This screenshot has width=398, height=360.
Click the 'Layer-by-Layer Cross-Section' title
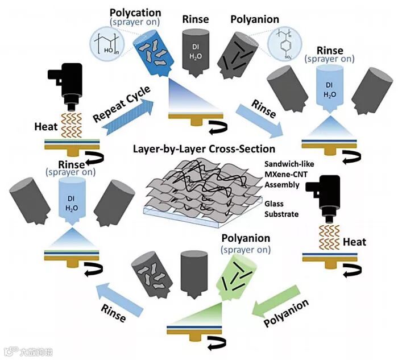click(204, 150)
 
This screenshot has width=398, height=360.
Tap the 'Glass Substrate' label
click(281, 209)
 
